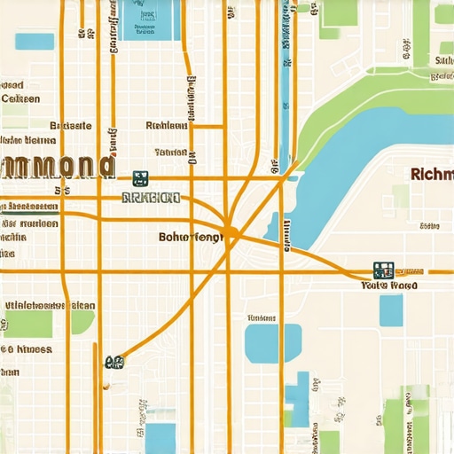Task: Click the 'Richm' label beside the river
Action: (x=433, y=174)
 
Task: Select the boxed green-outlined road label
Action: (x=151, y=198)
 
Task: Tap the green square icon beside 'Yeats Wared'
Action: (x=383, y=270)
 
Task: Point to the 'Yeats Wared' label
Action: (x=390, y=286)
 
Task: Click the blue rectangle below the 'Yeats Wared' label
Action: (x=391, y=310)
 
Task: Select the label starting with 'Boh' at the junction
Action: (x=191, y=237)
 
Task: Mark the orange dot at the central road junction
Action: (x=230, y=233)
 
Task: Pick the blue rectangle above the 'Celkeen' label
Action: (x=35, y=41)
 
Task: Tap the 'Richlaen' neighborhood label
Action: (x=166, y=126)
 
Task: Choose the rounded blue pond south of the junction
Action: (x=261, y=343)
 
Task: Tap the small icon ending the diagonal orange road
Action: (x=113, y=361)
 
